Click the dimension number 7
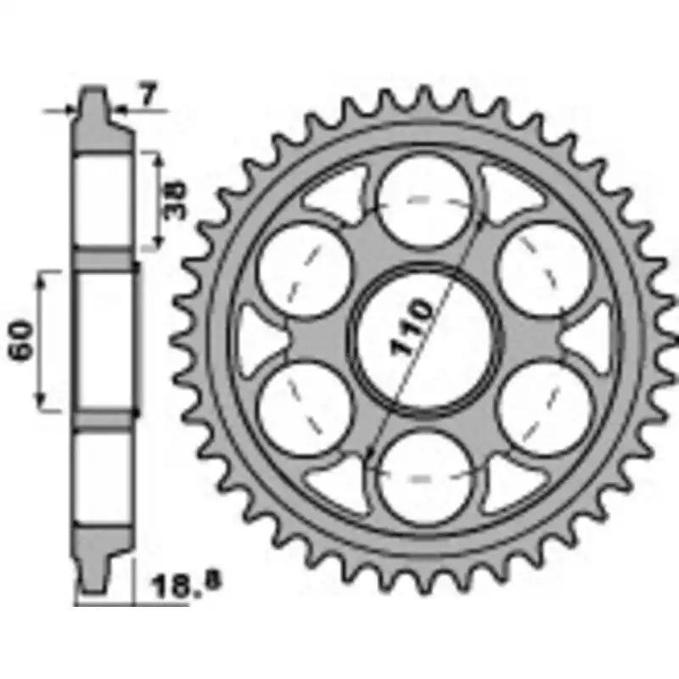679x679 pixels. pyautogui.click(x=148, y=95)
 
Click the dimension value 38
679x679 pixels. pyautogui.click(x=175, y=200)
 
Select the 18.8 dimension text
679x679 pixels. pyautogui.click(x=185, y=585)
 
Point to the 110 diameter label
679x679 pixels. pyautogui.click(x=412, y=327)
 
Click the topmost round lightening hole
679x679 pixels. pyautogui.click(x=424, y=201)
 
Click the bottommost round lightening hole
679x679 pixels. pyautogui.click(x=424, y=478)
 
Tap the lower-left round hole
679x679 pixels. pyautogui.click(x=304, y=409)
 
